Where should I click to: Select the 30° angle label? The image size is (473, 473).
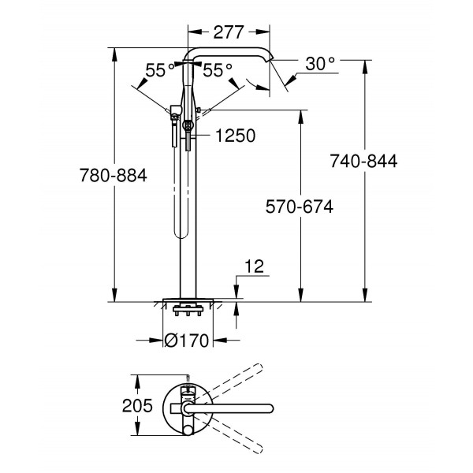pyautogui.click(x=320, y=63)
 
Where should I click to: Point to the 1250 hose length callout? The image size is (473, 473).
pyautogui.click(x=234, y=136)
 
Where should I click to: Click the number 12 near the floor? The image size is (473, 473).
pyautogui.click(x=253, y=268)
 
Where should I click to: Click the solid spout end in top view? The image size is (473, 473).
pyautogui.click(x=270, y=408)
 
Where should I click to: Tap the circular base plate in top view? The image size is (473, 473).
pyautogui.click(x=186, y=408)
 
